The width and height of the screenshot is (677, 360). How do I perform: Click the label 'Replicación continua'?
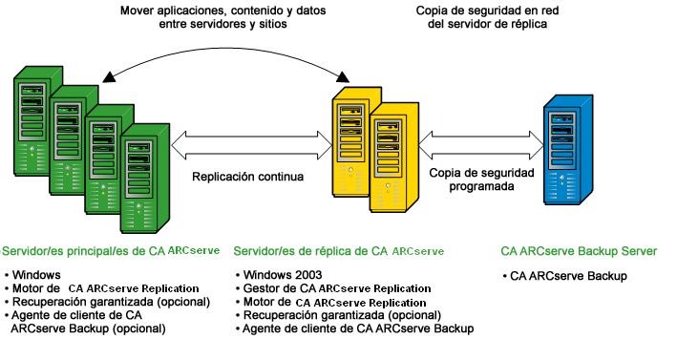(x=248, y=177)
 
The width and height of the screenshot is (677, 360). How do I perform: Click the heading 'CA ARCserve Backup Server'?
(x=579, y=251)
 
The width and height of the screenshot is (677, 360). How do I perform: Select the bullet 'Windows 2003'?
(x=281, y=275)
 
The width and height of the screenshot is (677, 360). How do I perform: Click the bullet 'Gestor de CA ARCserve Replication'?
(x=337, y=288)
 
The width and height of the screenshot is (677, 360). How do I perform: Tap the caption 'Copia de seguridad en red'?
(x=482, y=11)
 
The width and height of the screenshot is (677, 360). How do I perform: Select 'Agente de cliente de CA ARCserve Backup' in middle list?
(x=358, y=328)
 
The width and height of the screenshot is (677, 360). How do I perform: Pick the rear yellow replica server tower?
(x=355, y=134)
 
